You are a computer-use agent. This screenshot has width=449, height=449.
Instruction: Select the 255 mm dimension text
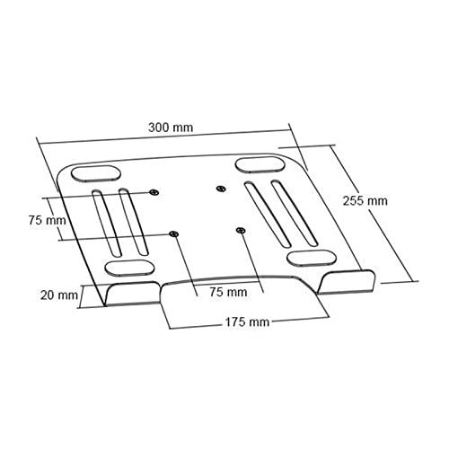tap(365, 200)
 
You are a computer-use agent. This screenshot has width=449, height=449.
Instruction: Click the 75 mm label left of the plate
tap(47, 219)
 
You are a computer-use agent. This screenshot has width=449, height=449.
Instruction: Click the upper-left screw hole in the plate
tap(154, 193)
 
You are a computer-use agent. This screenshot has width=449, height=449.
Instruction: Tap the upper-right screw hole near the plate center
tap(221, 189)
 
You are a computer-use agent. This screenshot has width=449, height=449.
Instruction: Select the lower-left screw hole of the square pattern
tap(174, 234)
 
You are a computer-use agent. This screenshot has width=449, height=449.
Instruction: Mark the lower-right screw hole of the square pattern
tap(240, 231)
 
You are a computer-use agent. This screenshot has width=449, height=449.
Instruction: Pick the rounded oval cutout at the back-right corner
tap(259, 164)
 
